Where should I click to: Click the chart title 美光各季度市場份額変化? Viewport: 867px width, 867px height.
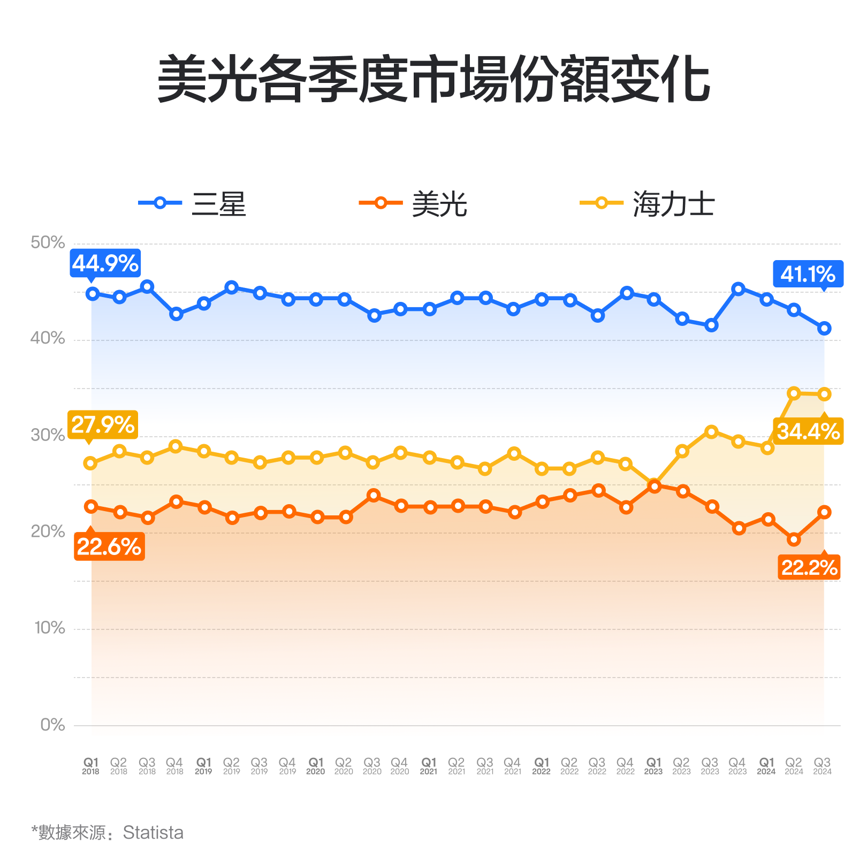click(433, 79)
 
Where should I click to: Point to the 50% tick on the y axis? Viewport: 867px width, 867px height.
click(48, 242)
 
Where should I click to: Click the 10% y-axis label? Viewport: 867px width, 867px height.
click(49, 628)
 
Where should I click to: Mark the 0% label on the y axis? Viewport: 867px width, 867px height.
click(52, 725)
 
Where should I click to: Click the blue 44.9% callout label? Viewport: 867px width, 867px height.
click(105, 263)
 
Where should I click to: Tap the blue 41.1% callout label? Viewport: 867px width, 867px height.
click(808, 274)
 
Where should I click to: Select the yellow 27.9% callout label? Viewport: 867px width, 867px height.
click(103, 425)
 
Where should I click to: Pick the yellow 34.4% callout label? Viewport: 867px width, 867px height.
click(808, 431)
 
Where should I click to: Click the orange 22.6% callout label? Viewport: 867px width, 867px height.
click(109, 547)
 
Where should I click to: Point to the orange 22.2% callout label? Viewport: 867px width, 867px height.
click(809, 567)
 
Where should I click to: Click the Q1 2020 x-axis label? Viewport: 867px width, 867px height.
click(316, 766)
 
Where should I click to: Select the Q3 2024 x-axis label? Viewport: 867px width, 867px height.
click(822, 766)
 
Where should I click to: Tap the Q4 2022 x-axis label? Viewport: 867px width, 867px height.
click(625, 766)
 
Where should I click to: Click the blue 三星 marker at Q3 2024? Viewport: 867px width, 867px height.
click(824, 329)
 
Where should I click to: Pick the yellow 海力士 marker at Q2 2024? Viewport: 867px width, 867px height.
click(794, 393)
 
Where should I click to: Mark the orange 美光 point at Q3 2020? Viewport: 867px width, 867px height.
click(374, 495)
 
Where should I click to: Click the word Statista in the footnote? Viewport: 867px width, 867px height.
click(153, 833)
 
